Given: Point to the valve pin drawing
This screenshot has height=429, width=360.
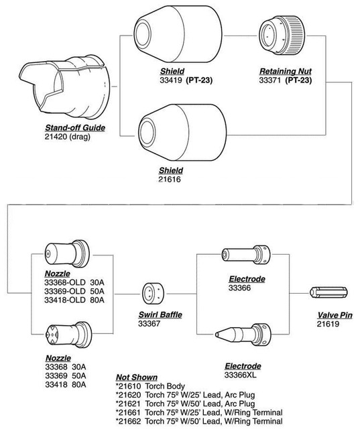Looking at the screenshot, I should pyautogui.click(x=329, y=294).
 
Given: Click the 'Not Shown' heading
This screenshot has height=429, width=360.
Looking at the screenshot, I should pyautogui.click(x=136, y=378).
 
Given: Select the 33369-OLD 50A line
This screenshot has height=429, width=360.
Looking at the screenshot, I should pyautogui.click(x=74, y=292).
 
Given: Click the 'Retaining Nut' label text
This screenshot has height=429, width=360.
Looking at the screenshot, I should pyautogui.click(x=289, y=70).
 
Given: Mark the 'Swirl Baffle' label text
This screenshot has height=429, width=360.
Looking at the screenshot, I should pyautogui.click(x=160, y=314).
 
